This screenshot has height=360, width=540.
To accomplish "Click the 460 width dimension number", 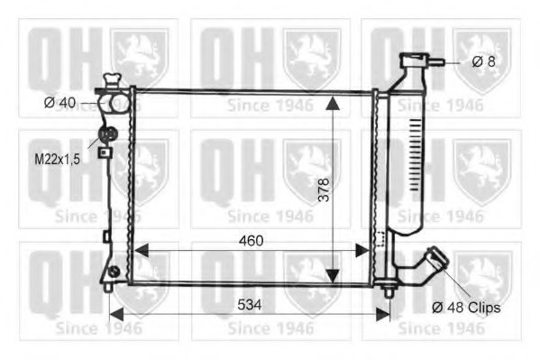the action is tap(251, 240).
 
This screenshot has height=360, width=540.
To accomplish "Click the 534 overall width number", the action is tap(250, 304).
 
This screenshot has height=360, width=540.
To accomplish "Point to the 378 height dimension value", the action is tap(324, 189).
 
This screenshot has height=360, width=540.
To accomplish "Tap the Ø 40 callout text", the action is tap(59, 103).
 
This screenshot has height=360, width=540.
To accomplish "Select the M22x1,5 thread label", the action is tap(57, 160).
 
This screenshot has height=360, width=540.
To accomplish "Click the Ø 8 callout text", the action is tap(483, 61).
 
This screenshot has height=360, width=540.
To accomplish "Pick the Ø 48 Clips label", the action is tap(466, 308).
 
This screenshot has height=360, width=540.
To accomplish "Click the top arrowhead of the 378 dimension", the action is tap(333, 103).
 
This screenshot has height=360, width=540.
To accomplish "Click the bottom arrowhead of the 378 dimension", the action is tap(333, 276).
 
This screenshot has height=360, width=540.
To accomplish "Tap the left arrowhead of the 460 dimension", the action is tap(141, 250).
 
